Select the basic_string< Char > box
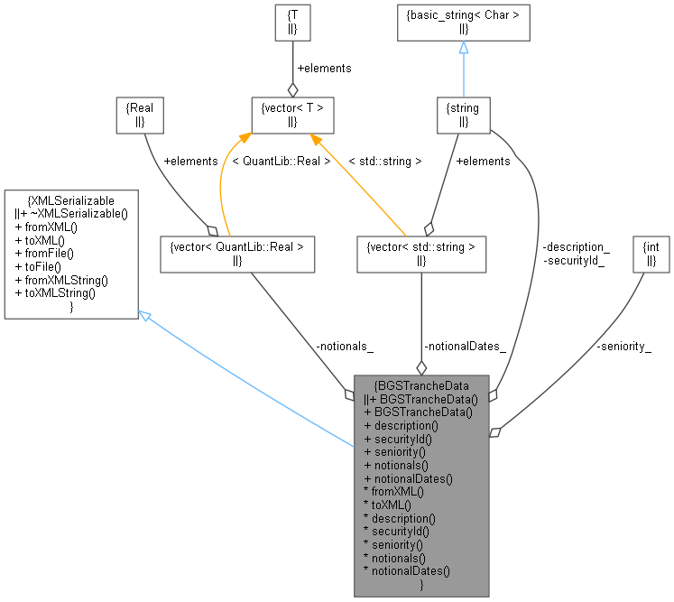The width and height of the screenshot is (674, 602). tap(463, 22)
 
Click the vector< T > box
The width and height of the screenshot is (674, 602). tap(291, 114)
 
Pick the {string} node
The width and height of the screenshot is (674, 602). tap(463, 114)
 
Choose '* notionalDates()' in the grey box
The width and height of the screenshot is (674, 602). tap(407, 570)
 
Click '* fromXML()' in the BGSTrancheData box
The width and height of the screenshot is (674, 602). tap(392, 493)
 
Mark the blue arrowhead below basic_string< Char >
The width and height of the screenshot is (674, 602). tap(463, 48)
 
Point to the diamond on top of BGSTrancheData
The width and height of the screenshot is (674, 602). tap(421, 367)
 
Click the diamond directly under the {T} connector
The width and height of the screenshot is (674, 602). tap(291, 89)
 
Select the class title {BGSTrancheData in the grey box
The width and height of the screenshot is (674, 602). tap(421, 385)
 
